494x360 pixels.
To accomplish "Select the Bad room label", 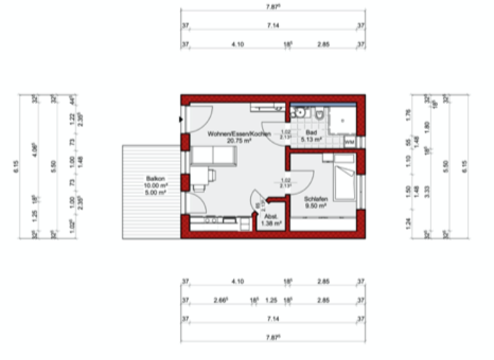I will point(311,131).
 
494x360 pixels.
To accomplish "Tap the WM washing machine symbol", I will point(349,141).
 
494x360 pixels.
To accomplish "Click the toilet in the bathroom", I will point(318,114).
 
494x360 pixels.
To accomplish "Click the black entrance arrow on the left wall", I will point(179,118).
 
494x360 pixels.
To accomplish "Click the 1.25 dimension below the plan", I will point(271,300).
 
